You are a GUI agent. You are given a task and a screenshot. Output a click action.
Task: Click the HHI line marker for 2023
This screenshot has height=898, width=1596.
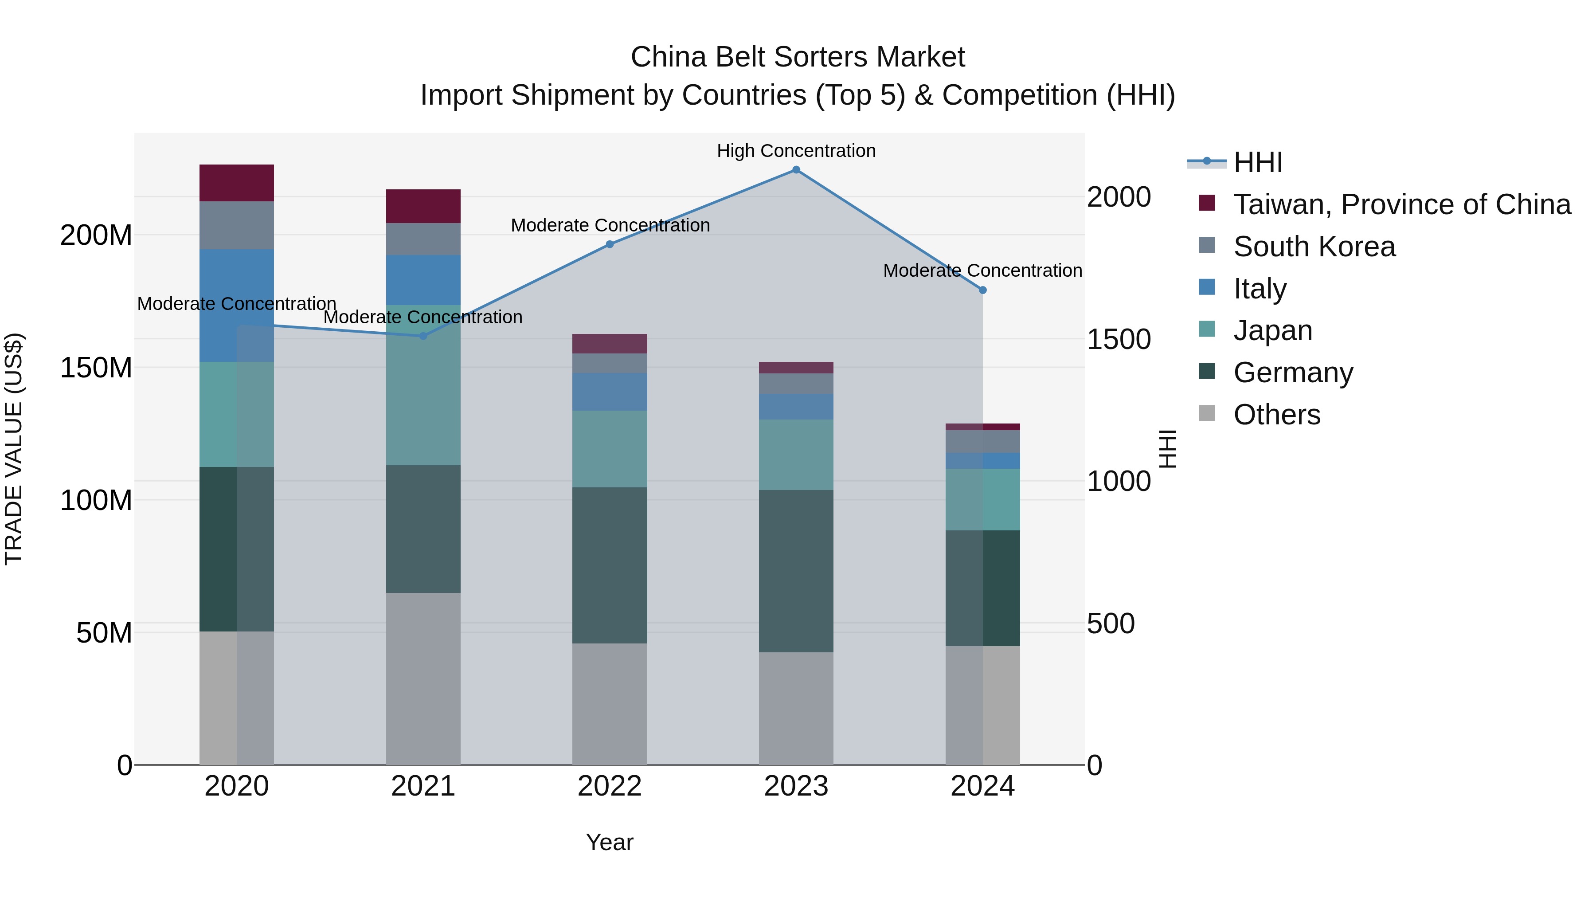click(x=796, y=170)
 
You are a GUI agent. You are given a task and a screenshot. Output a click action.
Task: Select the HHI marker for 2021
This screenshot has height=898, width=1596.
click(x=423, y=336)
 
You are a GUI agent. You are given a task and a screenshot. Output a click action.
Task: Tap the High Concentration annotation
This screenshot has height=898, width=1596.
click(x=796, y=151)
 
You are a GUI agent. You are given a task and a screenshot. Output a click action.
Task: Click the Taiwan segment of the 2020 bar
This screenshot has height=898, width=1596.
click(x=237, y=183)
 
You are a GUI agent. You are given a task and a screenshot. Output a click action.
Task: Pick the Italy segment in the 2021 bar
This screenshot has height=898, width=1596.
click(x=423, y=279)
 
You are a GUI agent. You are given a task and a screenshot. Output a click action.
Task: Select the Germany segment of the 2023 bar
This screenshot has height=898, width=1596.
click(x=796, y=570)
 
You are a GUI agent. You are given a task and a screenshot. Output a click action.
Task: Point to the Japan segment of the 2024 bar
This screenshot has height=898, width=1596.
click(x=982, y=499)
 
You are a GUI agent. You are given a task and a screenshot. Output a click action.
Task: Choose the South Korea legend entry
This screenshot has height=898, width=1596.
click(x=1314, y=247)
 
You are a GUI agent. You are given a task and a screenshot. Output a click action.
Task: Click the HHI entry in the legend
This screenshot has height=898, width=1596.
click(x=1258, y=162)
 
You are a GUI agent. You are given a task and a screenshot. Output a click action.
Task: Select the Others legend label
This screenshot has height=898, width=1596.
click(x=1277, y=415)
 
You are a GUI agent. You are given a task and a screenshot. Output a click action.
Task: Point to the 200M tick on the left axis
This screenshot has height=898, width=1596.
click(x=96, y=235)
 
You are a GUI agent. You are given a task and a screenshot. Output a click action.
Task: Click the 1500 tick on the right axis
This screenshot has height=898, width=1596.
click(x=1119, y=340)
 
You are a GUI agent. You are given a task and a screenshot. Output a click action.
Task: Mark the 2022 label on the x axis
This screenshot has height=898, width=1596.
click(x=610, y=786)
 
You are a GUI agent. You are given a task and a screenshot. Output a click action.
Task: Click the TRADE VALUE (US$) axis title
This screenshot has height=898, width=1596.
click(x=14, y=449)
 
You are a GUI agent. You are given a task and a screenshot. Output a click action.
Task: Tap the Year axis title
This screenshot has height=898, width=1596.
click(x=610, y=842)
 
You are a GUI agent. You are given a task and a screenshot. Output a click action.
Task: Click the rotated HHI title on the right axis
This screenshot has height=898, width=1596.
click(x=1167, y=449)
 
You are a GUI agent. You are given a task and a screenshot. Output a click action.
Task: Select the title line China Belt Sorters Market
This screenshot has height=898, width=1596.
click(x=798, y=57)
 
